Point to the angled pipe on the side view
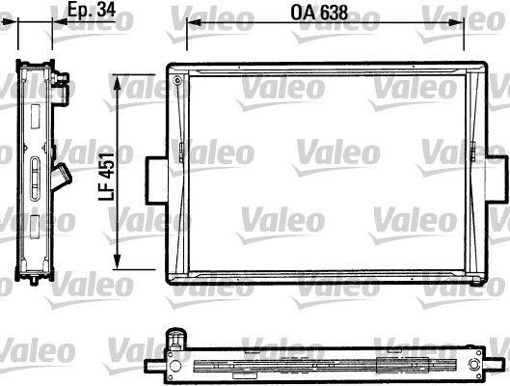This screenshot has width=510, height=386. click(64, 179)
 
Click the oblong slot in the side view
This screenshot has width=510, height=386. click(35, 178)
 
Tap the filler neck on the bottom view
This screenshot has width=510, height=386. click(176, 339)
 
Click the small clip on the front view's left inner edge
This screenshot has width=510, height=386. click(181, 150)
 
